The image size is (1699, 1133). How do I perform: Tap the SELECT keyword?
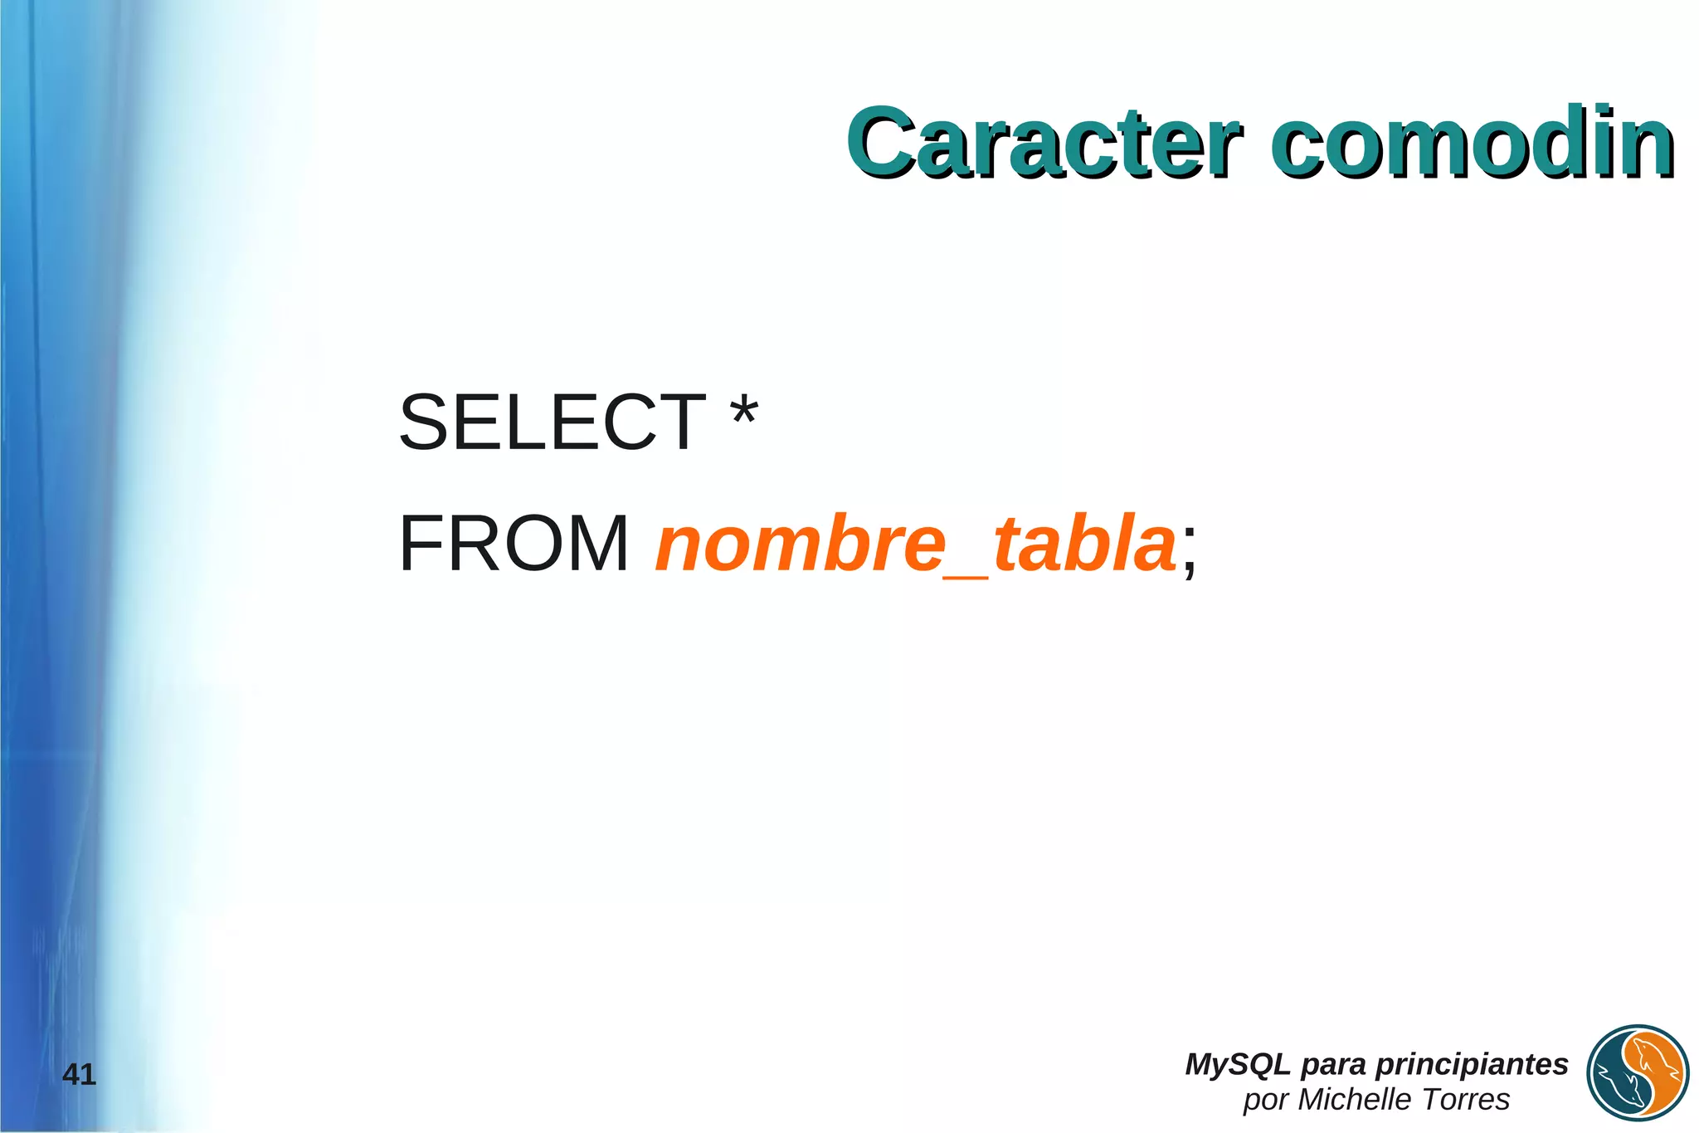tap(552, 422)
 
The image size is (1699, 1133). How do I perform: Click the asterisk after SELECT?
tap(743, 413)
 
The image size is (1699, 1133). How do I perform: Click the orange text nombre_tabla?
tap(915, 545)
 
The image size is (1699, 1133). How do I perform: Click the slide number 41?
tap(80, 1075)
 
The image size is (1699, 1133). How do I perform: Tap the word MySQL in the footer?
tap(1237, 1064)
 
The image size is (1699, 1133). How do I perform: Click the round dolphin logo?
tap(1638, 1073)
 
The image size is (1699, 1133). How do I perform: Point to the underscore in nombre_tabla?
tap(967, 575)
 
